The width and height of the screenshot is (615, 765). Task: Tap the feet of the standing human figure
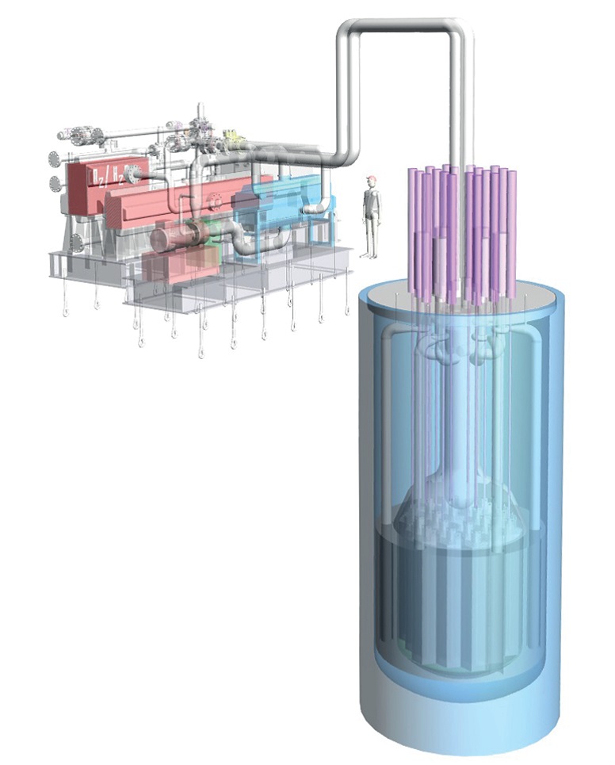(369, 254)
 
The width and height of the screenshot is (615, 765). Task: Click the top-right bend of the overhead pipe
(462, 30)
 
